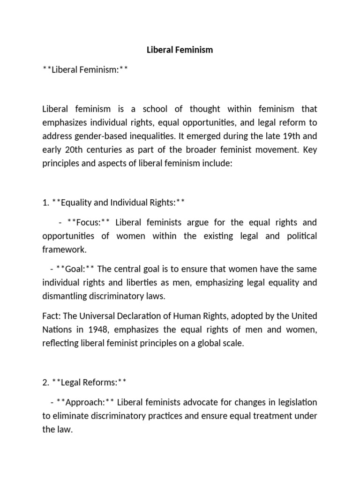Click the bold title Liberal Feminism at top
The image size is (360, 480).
(180, 50)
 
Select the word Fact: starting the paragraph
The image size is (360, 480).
(52, 316)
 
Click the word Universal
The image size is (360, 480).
(100, 316)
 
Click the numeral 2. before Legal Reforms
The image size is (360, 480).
(46, 383)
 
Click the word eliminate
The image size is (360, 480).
(70, 416)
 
